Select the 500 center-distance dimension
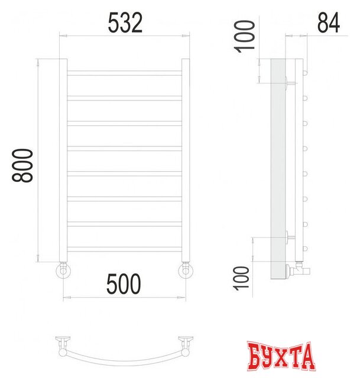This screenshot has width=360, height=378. tap(124, 284)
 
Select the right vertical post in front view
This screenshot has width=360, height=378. tap(186, 159)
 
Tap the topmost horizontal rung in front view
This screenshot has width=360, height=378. tap(124, 73)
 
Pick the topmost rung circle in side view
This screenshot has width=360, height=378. tap(306, 72)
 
